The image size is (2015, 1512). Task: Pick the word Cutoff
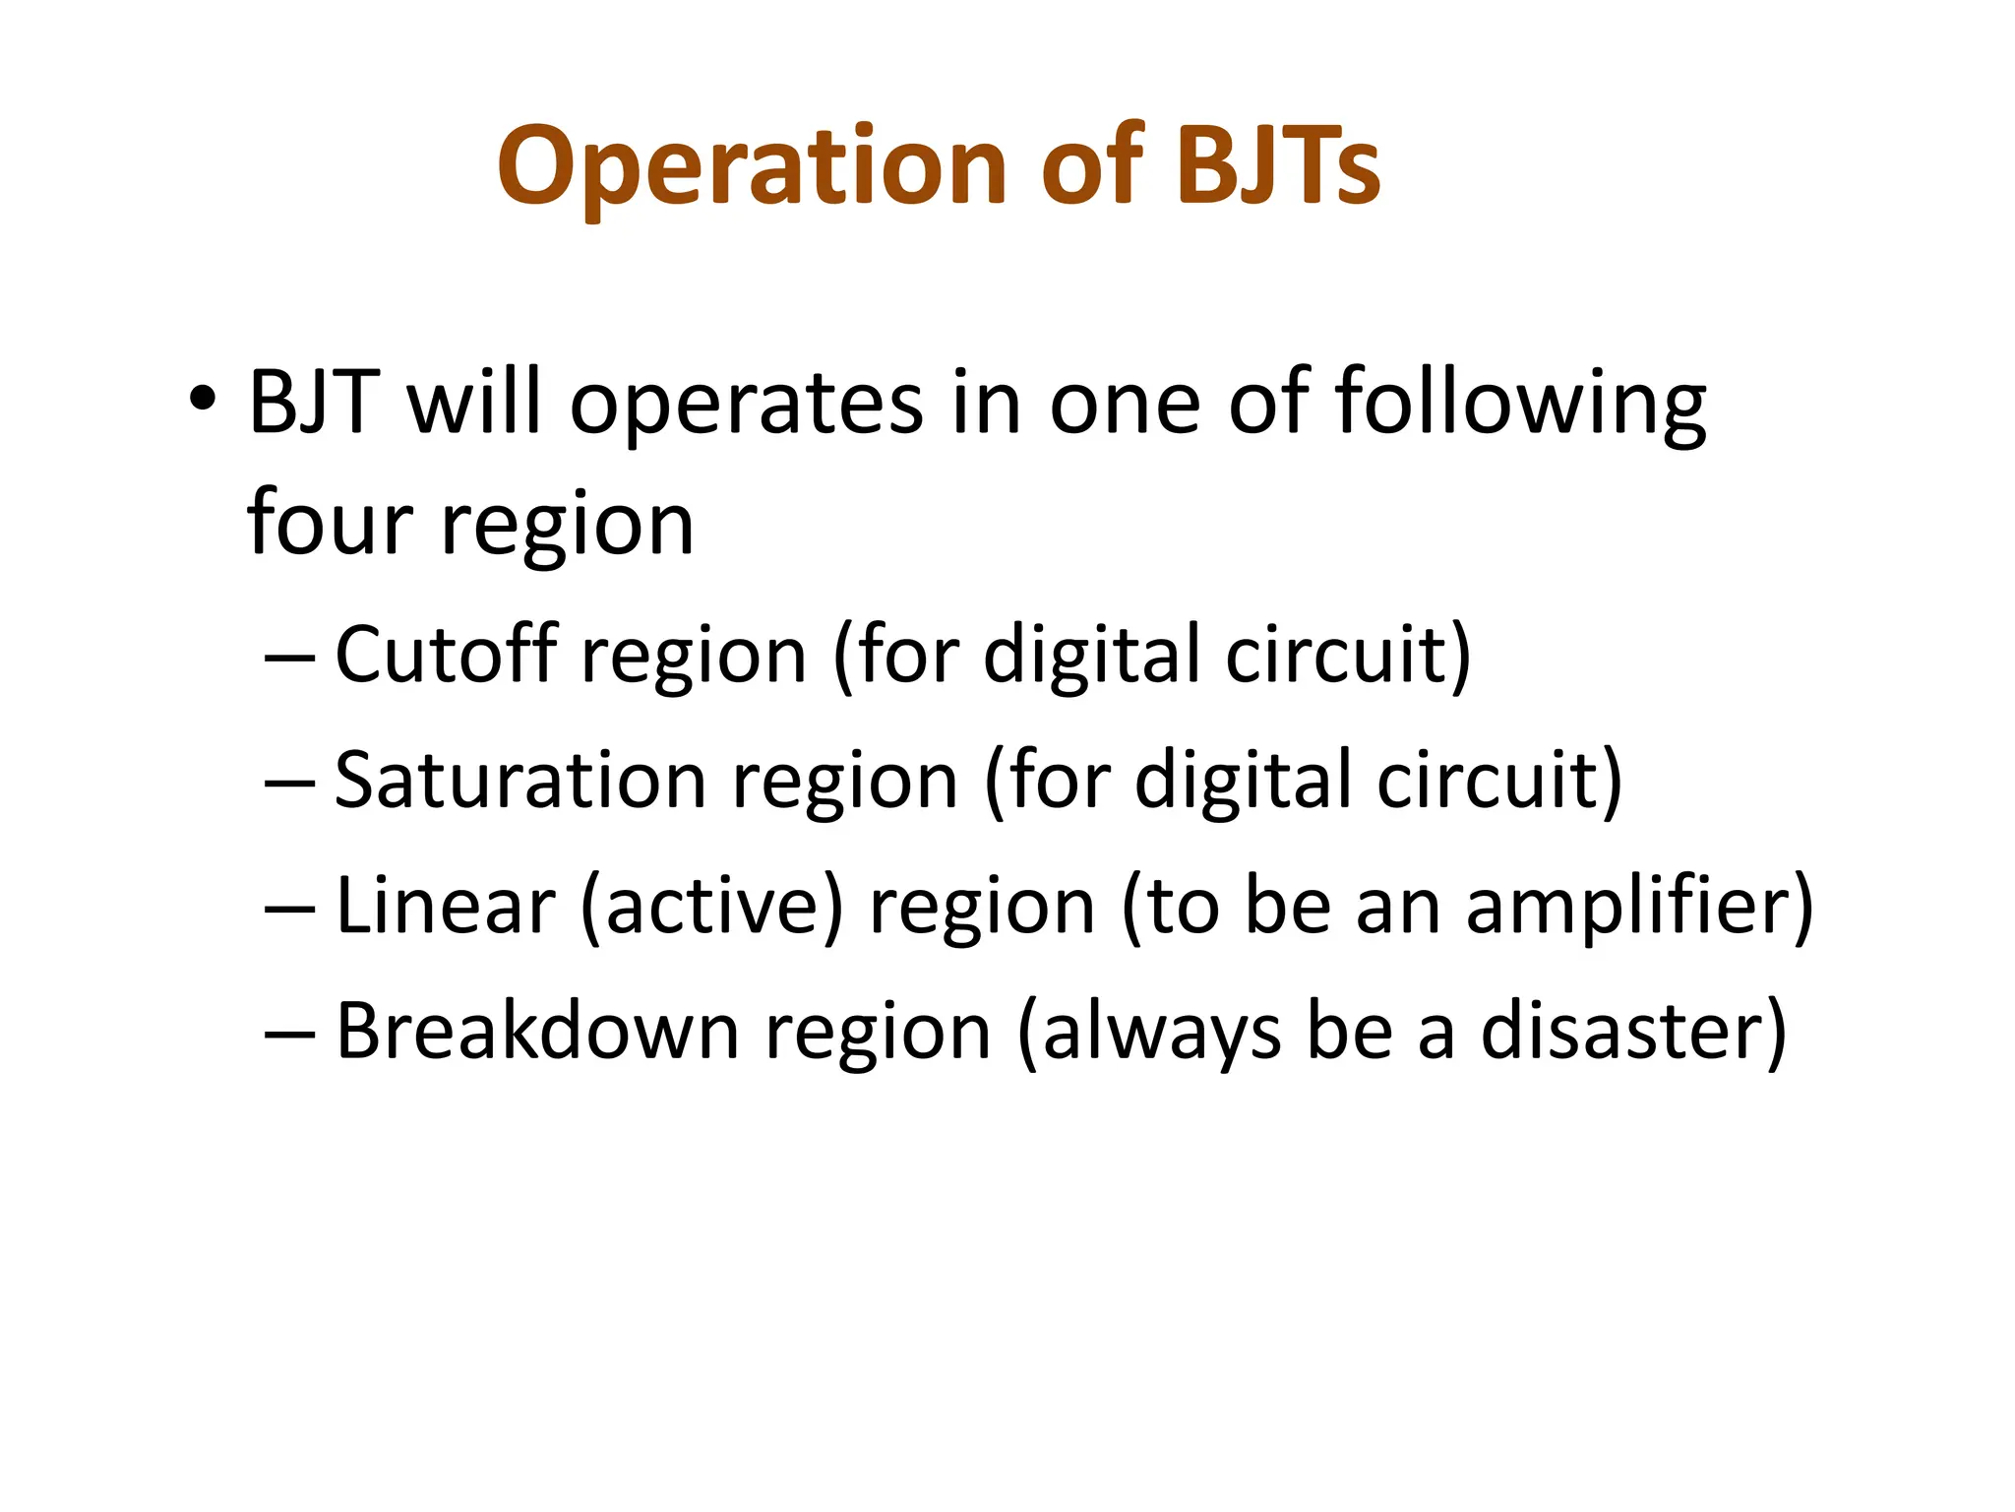[447, 654]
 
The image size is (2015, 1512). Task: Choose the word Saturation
[520, 780]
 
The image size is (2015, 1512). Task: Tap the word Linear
[446, 905]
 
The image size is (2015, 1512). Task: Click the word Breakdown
[537, 1031]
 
